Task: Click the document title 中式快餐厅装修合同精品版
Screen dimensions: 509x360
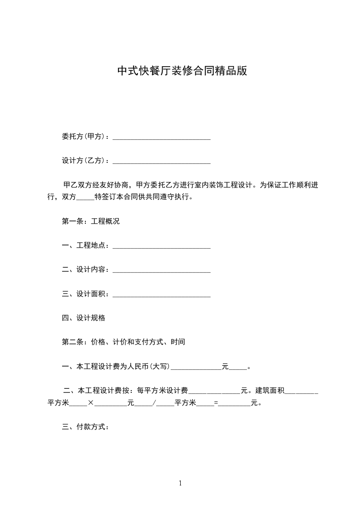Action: coord(182,71)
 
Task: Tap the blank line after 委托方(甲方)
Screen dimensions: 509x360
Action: coord(161,137)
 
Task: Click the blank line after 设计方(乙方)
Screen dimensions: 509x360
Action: coord(161,162)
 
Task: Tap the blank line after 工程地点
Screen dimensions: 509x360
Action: coord(161,247)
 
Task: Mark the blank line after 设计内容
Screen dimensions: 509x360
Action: coord(161,271)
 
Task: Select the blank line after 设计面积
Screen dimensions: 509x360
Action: coord(161,295)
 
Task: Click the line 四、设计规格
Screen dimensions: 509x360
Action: coord(84,318)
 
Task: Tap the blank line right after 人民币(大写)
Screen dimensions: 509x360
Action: coord(196,367)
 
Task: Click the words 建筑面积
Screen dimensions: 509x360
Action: coord(270,391)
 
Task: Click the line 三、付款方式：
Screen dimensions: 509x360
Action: coord(85,427)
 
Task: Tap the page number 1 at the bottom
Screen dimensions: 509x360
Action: coord(180,483)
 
